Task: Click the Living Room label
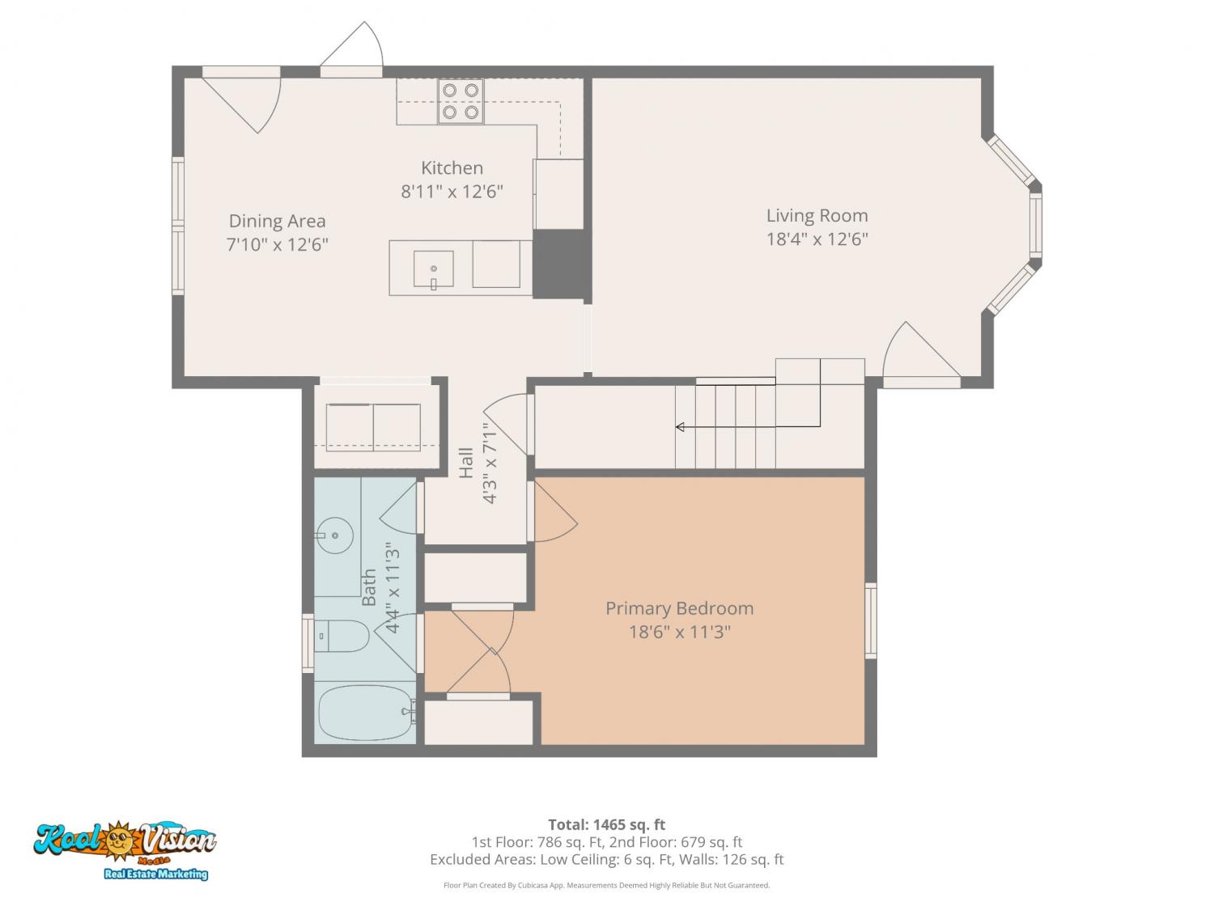tap(817, 215)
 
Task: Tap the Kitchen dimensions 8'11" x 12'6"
tap(452, 192)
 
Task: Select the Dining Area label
tap(277, 221)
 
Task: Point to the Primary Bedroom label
tap(679, 608)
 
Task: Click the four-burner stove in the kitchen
tap(461, 101)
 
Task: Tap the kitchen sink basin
tap(434, 269)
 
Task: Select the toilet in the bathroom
tap(342, 636)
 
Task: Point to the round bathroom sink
tap(334, 535)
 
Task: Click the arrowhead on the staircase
tap(681, 426)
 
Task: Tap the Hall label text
tap(466, 463)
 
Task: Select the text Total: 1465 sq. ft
tap(607, 825)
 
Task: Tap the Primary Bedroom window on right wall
tap(871, 620)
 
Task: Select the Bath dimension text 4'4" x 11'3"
tap(393, 587)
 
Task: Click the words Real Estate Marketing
tap(156, 874)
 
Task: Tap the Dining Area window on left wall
tap(177, 226)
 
